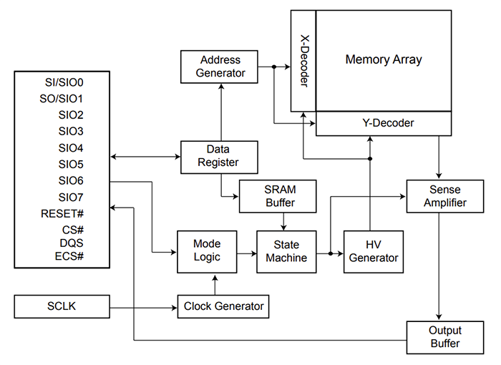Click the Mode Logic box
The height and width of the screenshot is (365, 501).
(207, 251)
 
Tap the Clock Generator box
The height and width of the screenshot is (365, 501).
(223, 306)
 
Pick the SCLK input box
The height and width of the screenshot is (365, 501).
(62, 306)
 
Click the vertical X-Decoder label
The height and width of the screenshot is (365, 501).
(303, 62)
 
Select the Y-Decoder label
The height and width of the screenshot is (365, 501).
(384, 123)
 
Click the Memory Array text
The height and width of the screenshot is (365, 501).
(384, 60)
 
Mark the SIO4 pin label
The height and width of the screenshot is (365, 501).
(71, 148)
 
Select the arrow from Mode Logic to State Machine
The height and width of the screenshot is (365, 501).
(246, 252)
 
